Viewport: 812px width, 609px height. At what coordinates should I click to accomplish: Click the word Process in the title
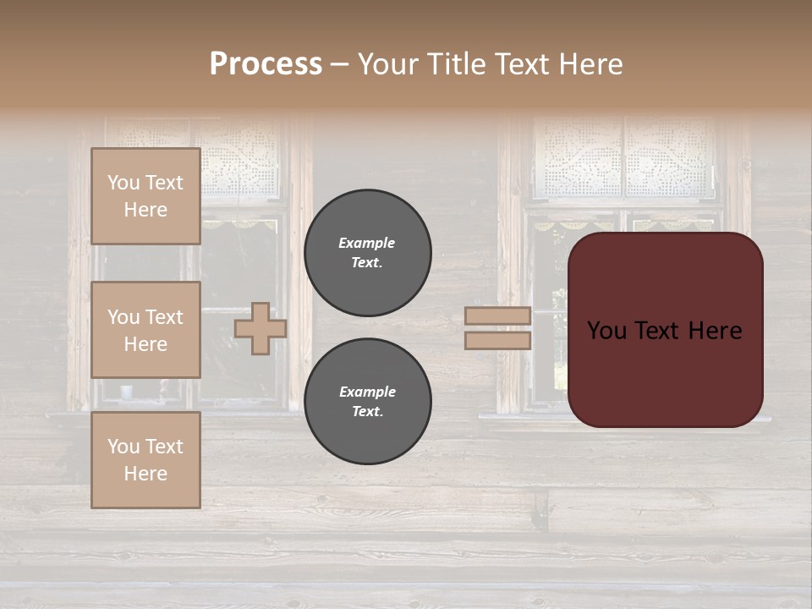click(266, 64)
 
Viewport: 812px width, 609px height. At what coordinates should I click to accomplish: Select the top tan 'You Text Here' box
click(145, 196)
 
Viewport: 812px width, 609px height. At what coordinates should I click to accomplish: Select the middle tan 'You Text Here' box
click(145, 330)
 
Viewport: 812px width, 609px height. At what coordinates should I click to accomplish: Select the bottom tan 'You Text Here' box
click(145, 459)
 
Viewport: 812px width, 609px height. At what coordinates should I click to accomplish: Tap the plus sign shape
click(260, 328)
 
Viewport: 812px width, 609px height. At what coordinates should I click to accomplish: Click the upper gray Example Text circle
click(367, 252)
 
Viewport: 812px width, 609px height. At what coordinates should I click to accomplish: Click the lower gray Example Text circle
click(367, 401)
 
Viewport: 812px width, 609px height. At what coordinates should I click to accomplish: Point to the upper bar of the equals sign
click(497, 315)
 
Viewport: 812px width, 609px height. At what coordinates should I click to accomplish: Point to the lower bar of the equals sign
click(497, 340)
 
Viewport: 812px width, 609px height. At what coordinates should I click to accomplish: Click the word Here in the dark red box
click(715, 331)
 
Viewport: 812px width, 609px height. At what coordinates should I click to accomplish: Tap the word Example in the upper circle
click(367, 243)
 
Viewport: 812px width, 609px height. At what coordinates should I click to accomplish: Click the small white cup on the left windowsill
click(126, 392)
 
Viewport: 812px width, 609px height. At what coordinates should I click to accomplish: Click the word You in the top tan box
click(123, 183)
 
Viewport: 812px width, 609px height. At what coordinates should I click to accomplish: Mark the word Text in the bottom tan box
click(164, 447)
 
